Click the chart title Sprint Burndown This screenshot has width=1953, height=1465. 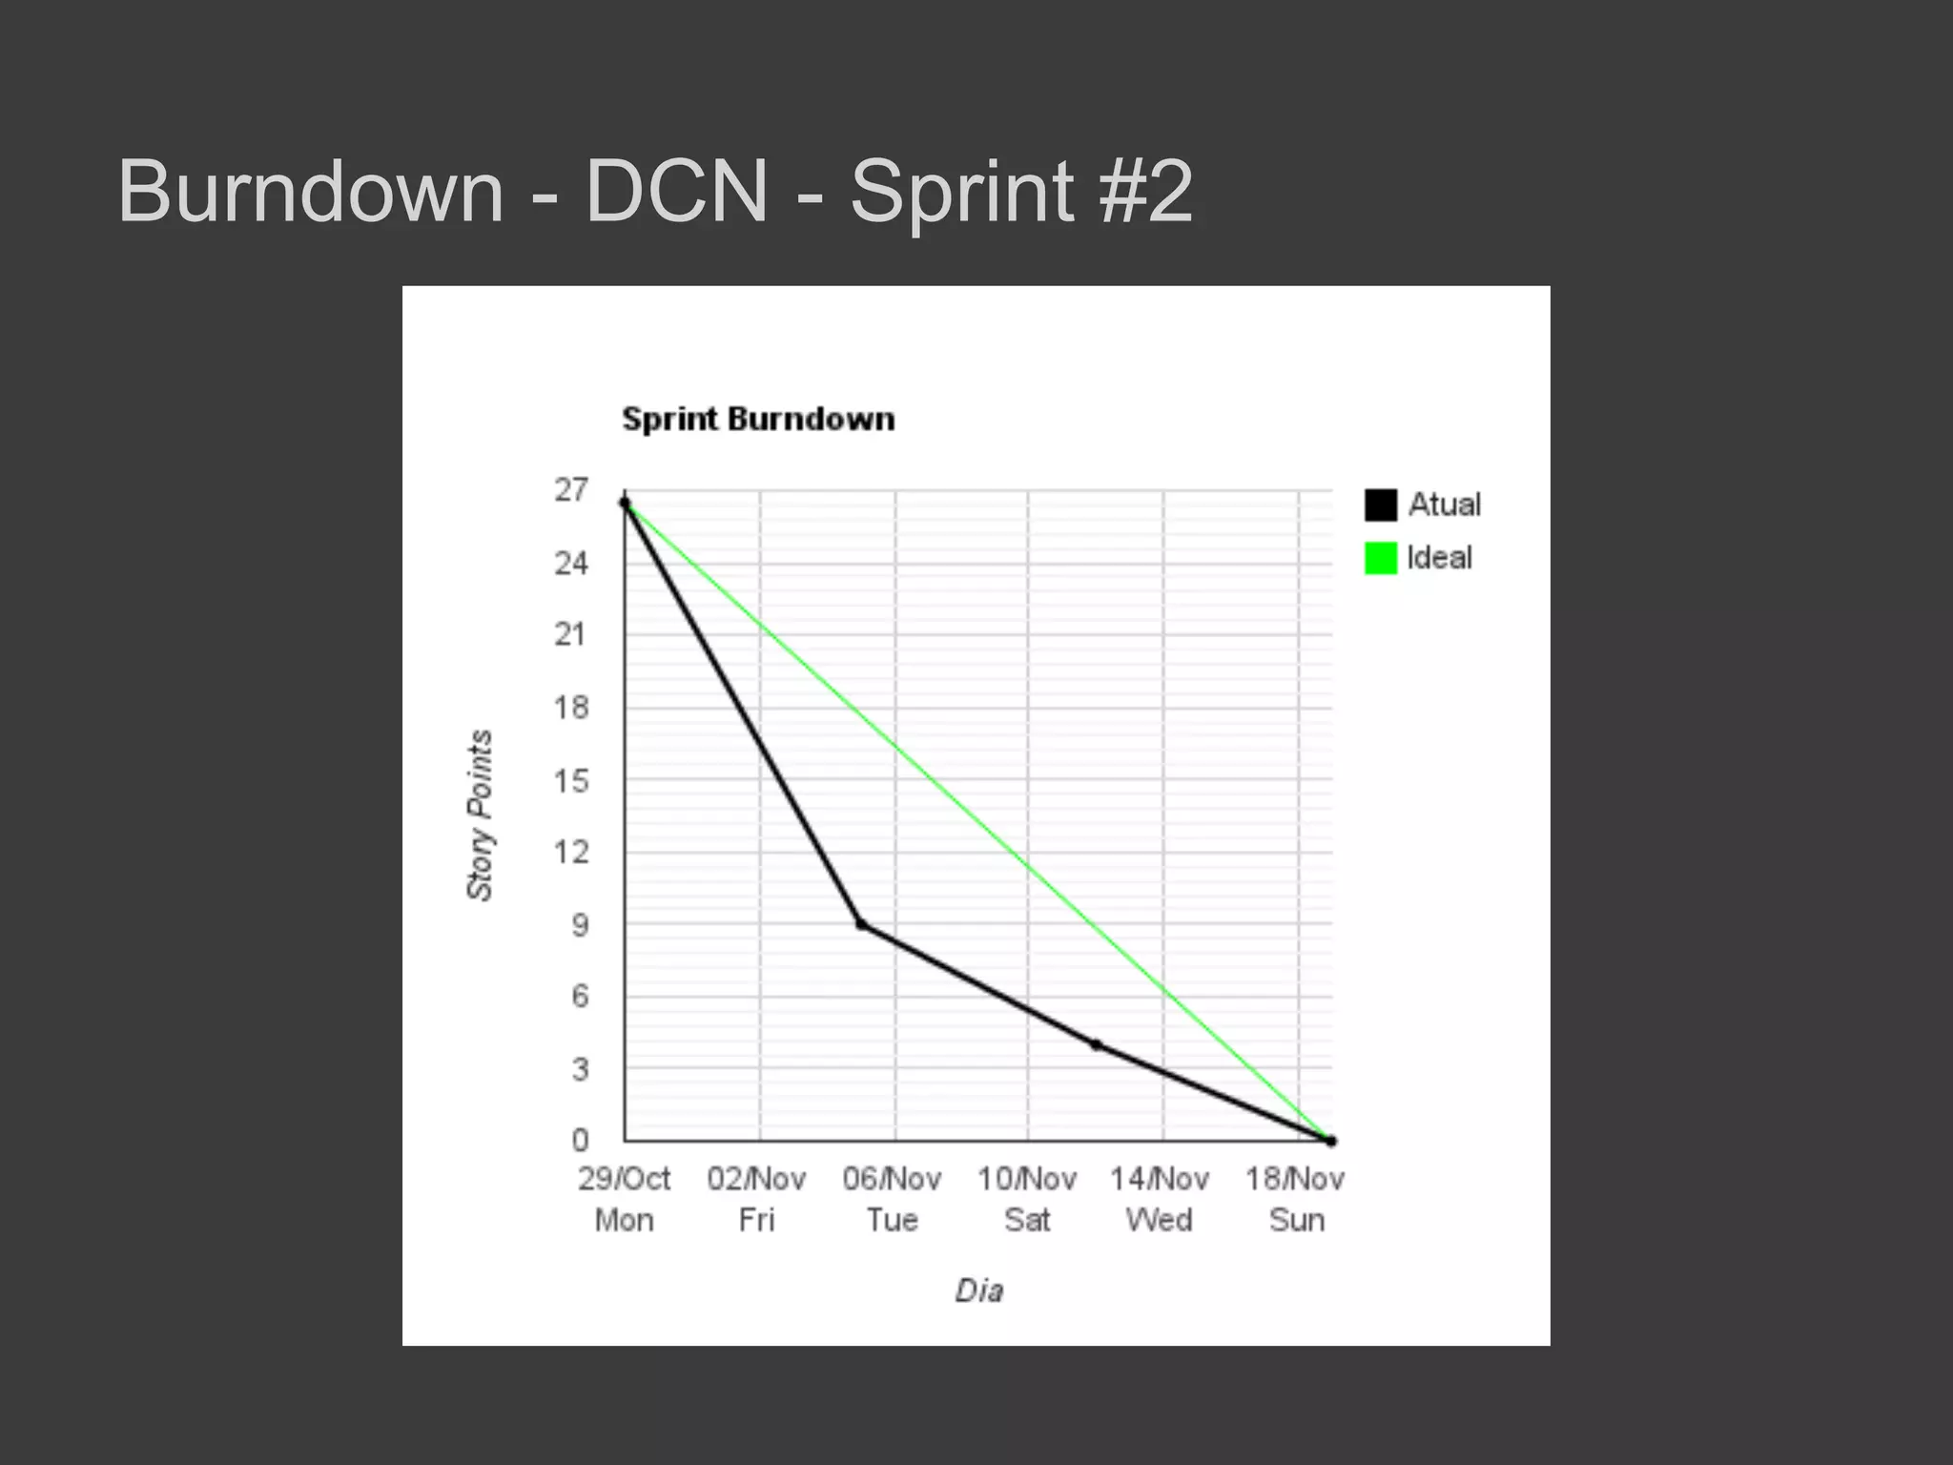758,420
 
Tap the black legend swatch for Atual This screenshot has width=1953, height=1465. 1380,505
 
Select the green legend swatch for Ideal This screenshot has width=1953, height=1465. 1380,558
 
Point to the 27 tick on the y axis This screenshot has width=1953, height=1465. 571,490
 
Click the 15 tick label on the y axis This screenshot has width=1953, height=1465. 571,781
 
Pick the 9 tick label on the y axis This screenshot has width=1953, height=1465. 580,925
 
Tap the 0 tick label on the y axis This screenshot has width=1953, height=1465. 580,1140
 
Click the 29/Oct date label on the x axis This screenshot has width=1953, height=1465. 624,1180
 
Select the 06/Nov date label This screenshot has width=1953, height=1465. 892,1180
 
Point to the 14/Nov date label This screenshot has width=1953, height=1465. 1160,1180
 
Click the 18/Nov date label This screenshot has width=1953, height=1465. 1295,1180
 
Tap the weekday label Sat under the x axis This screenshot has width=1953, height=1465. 1027,1220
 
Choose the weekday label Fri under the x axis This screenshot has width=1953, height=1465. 757,1220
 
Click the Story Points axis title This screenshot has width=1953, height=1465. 480,815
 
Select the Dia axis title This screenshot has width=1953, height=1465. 979,1291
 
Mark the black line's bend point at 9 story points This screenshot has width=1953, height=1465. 860,924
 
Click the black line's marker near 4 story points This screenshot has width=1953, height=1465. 1096,1045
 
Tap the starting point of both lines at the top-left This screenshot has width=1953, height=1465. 625,502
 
